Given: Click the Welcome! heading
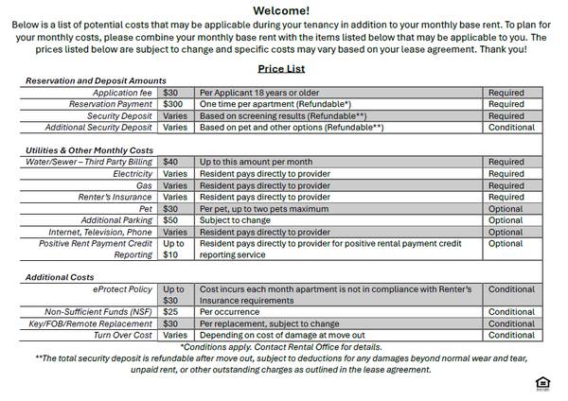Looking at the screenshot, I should [283, 10].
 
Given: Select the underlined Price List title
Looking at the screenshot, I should [283, 69].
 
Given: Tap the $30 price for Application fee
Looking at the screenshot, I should [170, 93].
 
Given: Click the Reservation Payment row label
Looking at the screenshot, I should [111, 104].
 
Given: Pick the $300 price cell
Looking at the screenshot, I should [172, 104].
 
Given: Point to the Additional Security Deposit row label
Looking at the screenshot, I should [98, 127].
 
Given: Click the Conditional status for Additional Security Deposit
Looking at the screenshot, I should [511, 127].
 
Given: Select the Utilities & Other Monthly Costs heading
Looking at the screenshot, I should [89, 150].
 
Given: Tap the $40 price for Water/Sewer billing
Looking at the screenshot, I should [170, 162].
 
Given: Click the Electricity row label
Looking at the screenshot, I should [133, 174].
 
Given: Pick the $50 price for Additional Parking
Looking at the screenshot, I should [170, 220].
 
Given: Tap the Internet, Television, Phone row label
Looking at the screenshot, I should [100, 232].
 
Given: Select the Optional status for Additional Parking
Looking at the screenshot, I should [506, 220].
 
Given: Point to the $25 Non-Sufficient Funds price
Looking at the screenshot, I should [170, 312].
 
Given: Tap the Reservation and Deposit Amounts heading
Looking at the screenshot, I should [96, 81].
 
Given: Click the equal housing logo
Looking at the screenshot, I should [542, 383].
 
